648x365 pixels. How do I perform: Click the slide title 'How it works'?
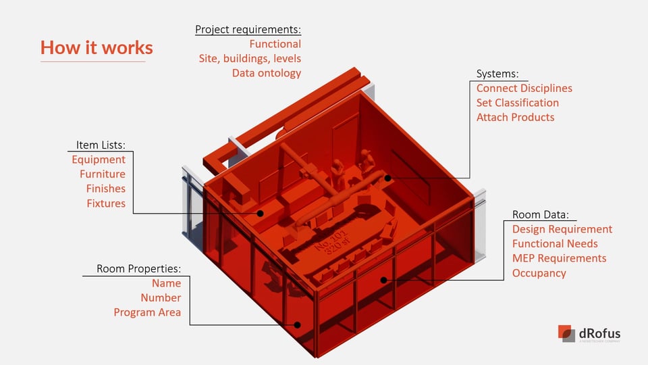point(97,48)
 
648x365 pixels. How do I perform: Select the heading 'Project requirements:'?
point(248,30)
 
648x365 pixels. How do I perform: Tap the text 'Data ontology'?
point(266,73)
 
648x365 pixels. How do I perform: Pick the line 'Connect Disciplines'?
point(524,89)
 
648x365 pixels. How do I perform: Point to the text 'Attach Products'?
point(515,118)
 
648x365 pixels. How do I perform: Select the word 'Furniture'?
point(103,174)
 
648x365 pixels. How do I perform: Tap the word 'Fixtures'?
point(106,203)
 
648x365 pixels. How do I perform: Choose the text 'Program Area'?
point(147,312)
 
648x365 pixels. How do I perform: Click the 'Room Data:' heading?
point(540,214)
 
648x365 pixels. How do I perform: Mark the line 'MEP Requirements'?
point(559,258)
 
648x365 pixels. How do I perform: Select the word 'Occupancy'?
point(539,273)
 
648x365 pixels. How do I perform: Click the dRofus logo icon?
point(566,333)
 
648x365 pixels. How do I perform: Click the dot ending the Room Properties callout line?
point(297,324)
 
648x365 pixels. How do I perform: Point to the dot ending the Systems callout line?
point(389,178)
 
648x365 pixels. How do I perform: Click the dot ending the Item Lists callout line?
point(261,213)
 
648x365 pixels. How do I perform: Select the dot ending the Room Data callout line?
point(383,279)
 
